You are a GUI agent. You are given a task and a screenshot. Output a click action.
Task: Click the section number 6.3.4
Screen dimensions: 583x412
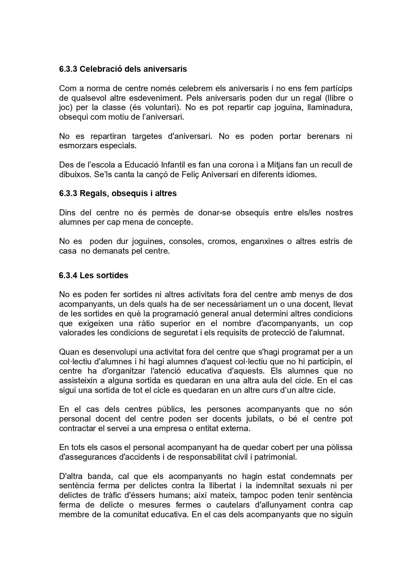click(68, 276)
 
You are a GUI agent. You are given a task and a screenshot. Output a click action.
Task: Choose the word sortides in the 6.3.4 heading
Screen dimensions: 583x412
click(114, 276)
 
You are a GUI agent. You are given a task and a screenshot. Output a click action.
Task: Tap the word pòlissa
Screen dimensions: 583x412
click(338, 447)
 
